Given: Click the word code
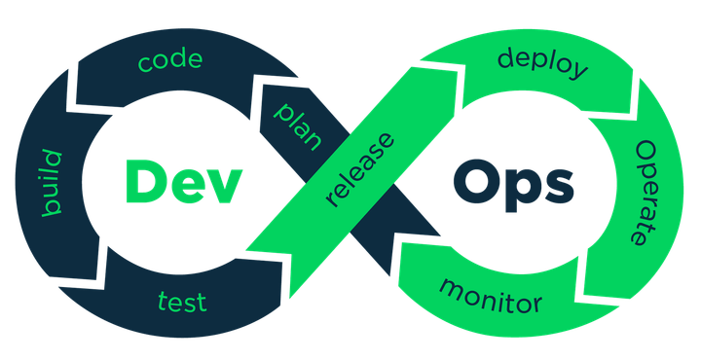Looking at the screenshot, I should (170, 62).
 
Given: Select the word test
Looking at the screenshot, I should (182, 302).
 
